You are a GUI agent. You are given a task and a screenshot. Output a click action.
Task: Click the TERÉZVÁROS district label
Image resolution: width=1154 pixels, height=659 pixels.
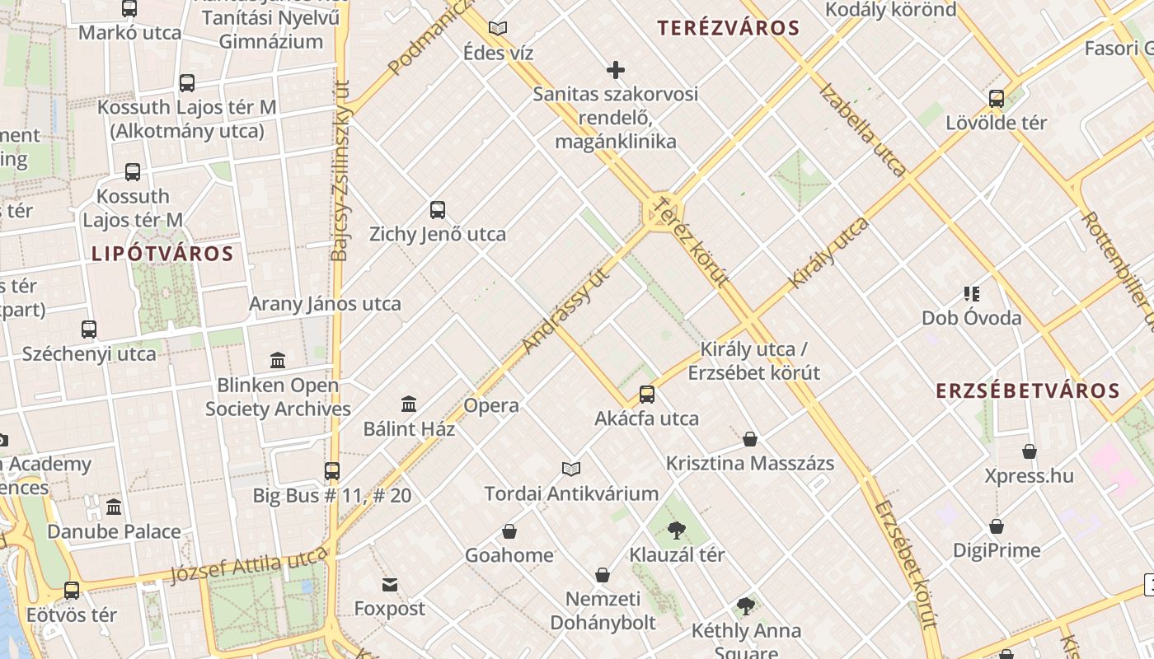(729, 28)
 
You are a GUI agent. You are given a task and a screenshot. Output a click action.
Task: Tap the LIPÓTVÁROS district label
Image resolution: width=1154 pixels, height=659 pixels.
(162, 254)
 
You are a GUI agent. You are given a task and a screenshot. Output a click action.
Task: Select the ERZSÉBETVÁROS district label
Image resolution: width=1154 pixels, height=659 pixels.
(1028, 391)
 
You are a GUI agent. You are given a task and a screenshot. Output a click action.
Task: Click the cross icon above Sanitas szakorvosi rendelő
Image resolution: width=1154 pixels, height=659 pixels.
(615, 70)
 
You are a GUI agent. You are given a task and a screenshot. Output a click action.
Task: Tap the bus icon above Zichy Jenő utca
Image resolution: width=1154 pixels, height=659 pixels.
(438, 210)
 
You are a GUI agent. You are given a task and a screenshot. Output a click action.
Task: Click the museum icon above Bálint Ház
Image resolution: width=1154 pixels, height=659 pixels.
(409, 404)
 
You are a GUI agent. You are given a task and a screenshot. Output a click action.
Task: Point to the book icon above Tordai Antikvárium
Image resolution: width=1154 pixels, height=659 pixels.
(571, 470)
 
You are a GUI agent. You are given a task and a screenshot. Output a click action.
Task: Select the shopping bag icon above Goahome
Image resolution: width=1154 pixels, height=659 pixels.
(509, 531)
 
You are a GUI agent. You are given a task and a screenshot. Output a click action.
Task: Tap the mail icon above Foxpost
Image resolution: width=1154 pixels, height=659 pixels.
(390, 585)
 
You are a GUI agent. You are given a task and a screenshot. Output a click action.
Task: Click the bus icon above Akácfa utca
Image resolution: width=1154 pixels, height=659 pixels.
(647, 395)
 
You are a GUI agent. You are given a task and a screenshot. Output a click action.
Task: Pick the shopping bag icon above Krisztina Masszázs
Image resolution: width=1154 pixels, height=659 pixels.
(750, 439)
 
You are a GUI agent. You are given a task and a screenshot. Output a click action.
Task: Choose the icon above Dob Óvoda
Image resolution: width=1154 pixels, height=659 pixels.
(971, 294)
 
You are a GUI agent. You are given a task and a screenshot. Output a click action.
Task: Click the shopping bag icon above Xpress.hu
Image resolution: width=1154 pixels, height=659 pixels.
(1030, 451)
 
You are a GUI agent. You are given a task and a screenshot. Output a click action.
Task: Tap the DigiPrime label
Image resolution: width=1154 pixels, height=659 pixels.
(997, 550)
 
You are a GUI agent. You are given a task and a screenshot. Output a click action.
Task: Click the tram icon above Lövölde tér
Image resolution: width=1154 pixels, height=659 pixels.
(997, 99)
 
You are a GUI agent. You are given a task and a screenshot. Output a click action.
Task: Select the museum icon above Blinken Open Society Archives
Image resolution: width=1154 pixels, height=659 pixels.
(278, 361)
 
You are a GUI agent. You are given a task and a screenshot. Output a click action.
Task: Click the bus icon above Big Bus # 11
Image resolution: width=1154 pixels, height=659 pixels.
(332, 471)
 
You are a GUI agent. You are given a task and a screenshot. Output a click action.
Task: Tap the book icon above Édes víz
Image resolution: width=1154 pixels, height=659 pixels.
(498, 29)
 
